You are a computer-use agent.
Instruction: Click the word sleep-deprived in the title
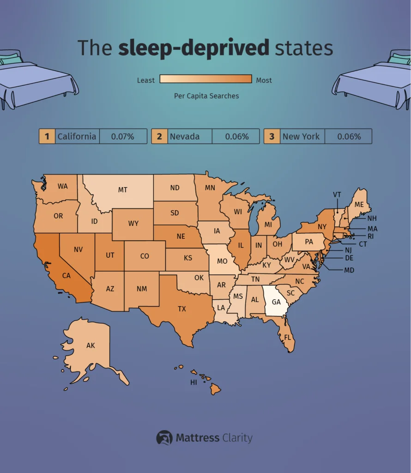click(x=193, y=48)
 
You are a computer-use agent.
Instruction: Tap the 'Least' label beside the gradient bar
click(x=146, y=80)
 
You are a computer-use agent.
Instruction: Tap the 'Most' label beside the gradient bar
click(x=264, y=80)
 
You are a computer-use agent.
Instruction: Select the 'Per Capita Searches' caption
click(x=206, y=96)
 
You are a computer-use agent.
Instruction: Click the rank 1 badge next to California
click(x=47, y=136)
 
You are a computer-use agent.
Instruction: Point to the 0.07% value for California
click(x=123, y=136)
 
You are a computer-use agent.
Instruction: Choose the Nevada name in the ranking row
click(x=185, y=136)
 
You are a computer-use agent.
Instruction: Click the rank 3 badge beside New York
click(x=272, y=136)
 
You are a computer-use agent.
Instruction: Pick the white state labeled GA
click(x=276, y=302)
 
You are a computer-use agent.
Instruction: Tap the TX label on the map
click(x=182, y=309)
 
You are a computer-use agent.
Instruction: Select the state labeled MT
click(x=122, y=190)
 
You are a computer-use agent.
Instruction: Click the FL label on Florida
click(x=287, y=337)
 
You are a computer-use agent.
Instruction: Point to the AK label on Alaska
click(x=91, y=345)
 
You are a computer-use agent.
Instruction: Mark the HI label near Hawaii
click(x=194, y=382)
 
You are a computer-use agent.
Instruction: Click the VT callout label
click(x=337, y=194)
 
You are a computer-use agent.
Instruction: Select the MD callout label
click(x=349, y=270)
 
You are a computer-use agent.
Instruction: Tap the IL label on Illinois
click(x=241, y=245)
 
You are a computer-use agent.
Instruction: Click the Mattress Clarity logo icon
click(x=164, y=437)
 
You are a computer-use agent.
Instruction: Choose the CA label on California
click(x=66, y=276)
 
